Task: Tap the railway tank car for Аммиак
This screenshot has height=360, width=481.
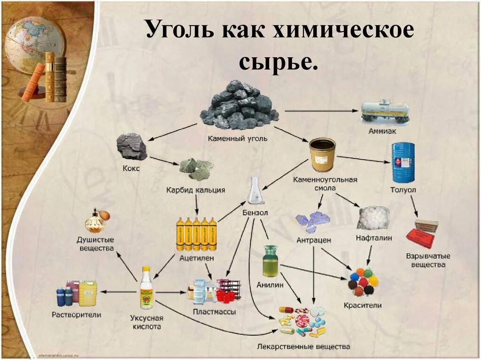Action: pos(385,111)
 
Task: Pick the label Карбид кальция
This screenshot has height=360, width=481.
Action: pos(195,191)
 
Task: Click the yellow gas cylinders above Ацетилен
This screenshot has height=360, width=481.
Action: pos(196,234)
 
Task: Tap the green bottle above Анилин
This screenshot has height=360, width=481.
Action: pos(270,261)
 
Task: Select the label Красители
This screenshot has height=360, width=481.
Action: pos(363,305)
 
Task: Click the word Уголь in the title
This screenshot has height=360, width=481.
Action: pos(176,31)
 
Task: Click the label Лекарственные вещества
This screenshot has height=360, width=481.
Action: pos(303,347)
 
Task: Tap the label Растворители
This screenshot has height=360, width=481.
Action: pos(77,314)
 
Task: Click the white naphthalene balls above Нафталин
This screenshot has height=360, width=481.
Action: pos(373,218)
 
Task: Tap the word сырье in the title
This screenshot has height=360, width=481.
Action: pos(278,62)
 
